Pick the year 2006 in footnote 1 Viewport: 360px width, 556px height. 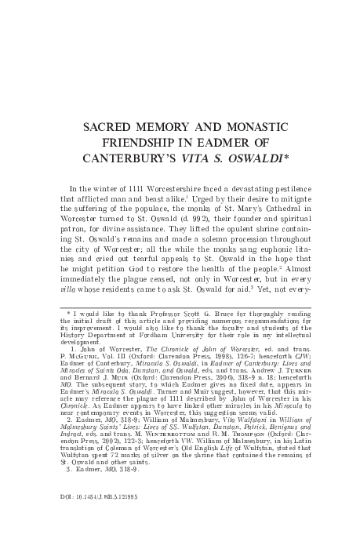186,374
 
